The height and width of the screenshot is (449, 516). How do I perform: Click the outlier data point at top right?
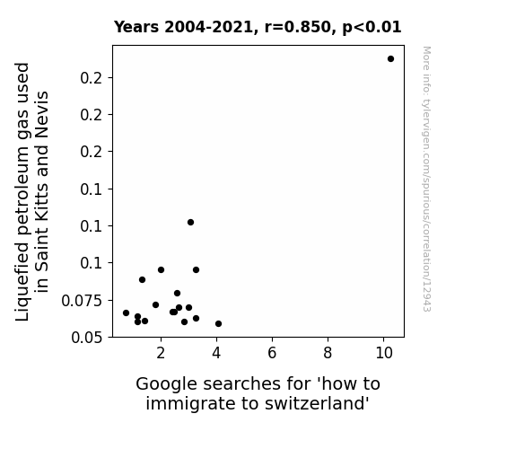(390, 59)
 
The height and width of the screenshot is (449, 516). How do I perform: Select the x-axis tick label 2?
(161, 353)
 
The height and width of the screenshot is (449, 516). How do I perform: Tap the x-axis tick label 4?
(216, 353)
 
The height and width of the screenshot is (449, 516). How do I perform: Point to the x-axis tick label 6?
(272, 353)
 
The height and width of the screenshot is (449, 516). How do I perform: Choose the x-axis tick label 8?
(328, 353)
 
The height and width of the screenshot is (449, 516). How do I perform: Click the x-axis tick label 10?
(384, 353)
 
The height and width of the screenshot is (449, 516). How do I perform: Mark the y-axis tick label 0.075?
(82, 301)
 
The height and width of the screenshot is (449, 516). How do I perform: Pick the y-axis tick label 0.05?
(86, 338)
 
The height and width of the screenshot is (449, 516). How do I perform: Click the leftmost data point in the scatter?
(126, 313)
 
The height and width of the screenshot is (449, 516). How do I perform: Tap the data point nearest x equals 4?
(218, 324)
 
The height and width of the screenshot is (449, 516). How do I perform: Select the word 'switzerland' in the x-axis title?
(317, 403)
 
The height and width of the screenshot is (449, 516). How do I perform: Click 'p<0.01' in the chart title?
(372, 27)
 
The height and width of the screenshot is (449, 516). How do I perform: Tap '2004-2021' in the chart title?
(208, 27)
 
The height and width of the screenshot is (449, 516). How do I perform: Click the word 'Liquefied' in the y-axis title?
(22, 282)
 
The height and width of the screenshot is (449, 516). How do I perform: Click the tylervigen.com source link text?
(426, 179)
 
